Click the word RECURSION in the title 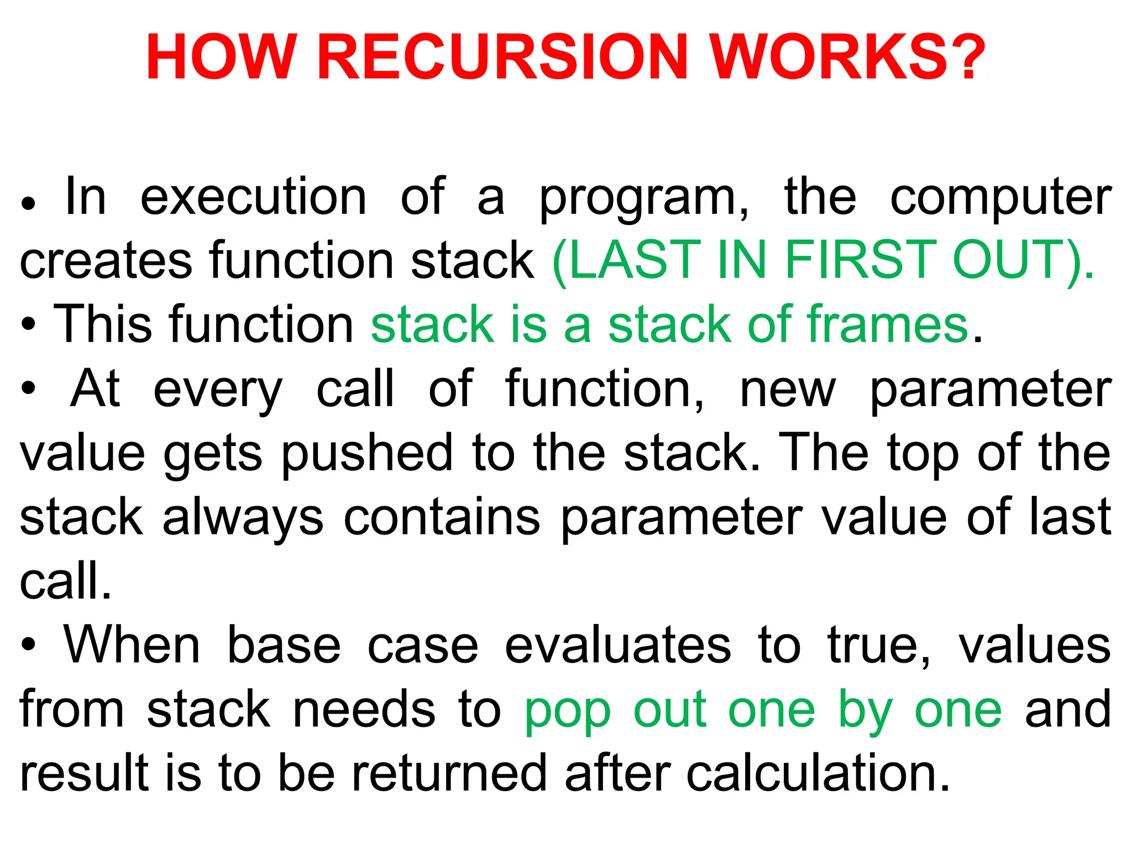[502, 58]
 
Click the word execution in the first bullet [254, 197]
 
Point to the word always [243, 518]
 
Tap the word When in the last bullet [132, 646]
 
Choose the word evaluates [618, 646]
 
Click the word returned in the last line [449, 773]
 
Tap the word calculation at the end [817, 773]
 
